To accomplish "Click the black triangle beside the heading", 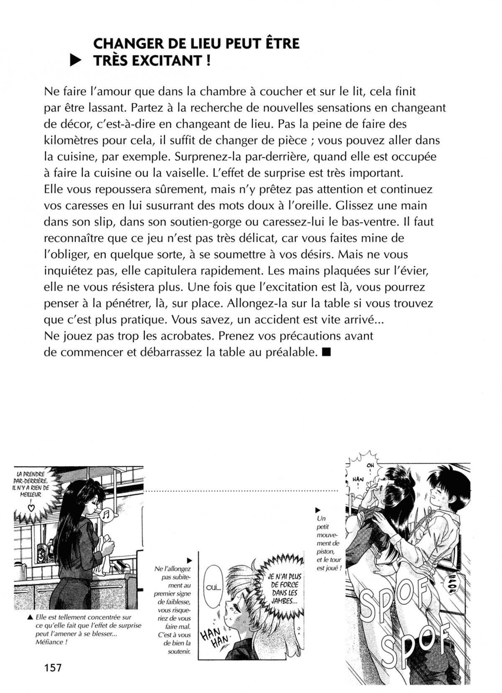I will [75, 61].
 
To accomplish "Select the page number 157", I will [53, 667].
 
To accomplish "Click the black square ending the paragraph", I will [327, 353].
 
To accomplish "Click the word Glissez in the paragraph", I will [360, 206].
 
